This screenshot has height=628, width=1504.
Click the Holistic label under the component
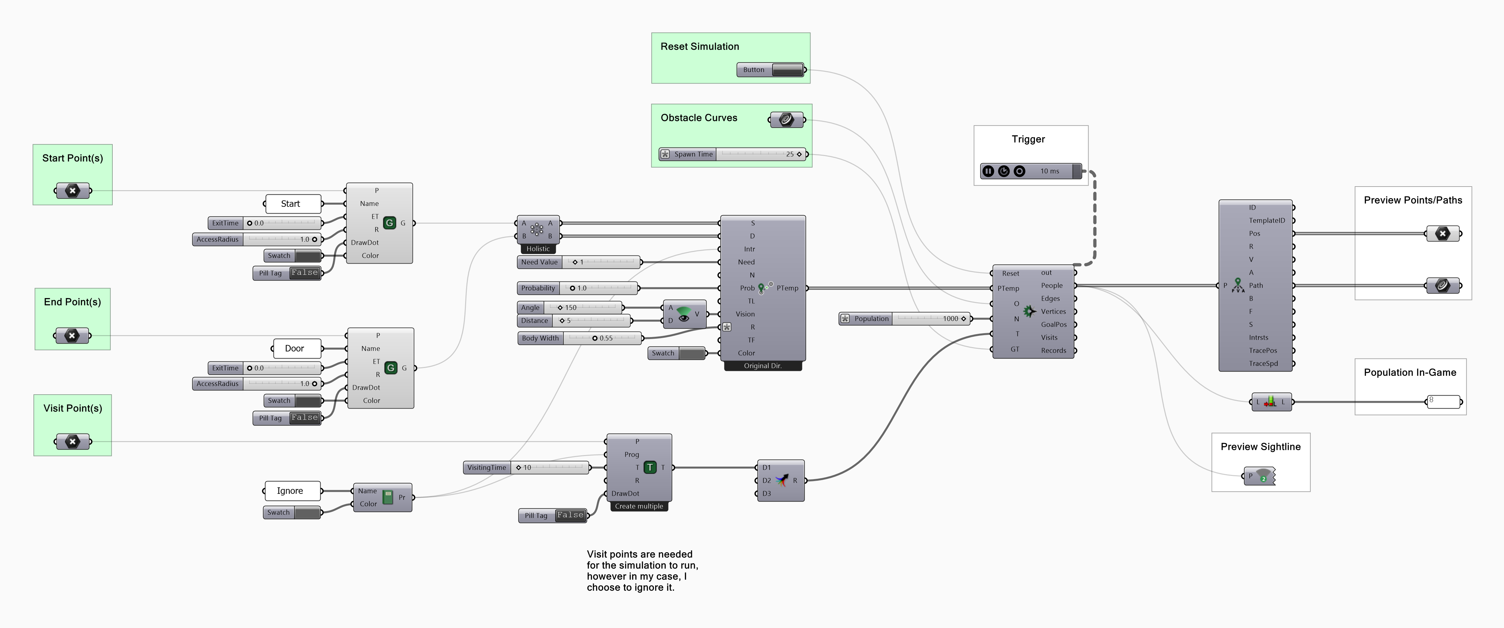point(538,249)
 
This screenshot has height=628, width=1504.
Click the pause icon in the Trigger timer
point(988,171)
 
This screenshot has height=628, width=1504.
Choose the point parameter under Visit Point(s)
point(72,442)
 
